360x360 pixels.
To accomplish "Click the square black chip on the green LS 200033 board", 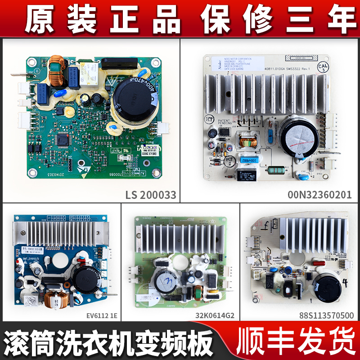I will [63, 140].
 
